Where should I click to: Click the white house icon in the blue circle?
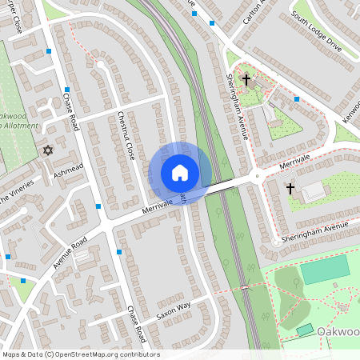pyautogui.click(x=180, y=173)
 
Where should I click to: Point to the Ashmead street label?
pyautogui.click(x=68, y=170)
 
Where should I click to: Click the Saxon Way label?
pyautogui.click(x=173, y=310)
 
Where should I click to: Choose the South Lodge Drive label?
pyautogui.click(x=317, y=36)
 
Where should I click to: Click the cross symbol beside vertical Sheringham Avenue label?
pyautogui.click(x=246, y=80)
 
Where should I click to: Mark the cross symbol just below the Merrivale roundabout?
pyautogui.click(x=290, y=189)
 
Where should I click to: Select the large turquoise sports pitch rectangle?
pyautogui.click(x=326, y=269)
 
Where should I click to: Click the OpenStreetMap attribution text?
pyautogui.click(x=80, y=354)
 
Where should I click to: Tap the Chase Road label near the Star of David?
pyautogui.click(x=70, y=113)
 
